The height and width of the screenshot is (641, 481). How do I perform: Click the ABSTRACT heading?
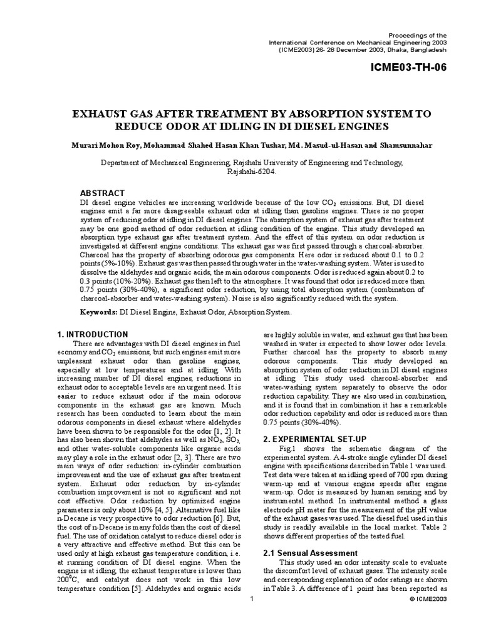click(102, 193)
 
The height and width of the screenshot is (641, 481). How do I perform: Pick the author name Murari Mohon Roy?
click(104, 145)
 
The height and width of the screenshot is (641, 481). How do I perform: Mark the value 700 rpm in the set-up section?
click(401, 474)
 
